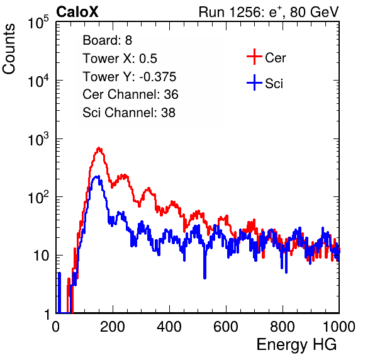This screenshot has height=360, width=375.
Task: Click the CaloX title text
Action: click(77, 12)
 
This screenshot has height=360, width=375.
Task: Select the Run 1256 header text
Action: click(269, 12)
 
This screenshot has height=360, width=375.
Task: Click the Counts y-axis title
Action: click(9, 48)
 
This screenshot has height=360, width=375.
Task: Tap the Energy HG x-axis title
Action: click(296, 345)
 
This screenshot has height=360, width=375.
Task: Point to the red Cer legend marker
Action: click(254, 57)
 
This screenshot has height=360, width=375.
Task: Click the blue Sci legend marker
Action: click(254, 82)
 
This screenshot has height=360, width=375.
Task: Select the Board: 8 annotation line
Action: click(108, 40)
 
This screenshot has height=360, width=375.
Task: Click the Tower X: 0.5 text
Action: click(120, 59)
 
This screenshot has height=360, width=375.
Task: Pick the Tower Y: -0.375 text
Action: click(130, 77)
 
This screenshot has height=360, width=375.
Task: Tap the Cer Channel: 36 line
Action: click(130, 94)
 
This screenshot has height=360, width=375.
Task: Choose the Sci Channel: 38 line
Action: click(129, 113)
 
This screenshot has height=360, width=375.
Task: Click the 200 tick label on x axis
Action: click(113, 327)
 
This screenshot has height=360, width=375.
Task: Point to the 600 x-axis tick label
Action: click(226, 327)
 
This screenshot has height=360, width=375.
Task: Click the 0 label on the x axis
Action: click(56, 327)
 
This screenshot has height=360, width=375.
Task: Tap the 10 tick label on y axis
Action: click(42, 256)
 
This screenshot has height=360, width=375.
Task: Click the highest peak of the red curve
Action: click(99, 148)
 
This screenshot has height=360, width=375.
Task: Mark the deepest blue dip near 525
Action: click(204, 278)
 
